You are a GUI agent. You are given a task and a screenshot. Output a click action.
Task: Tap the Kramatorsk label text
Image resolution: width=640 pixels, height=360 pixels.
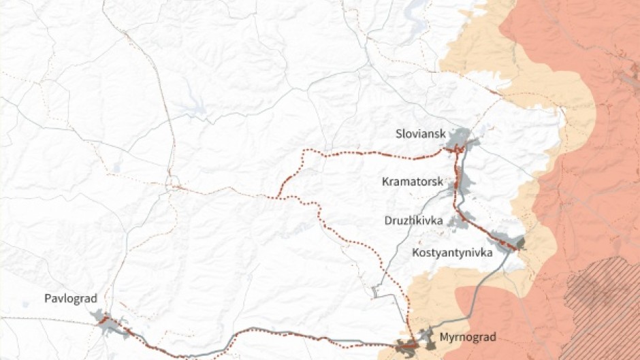tap(413, 182)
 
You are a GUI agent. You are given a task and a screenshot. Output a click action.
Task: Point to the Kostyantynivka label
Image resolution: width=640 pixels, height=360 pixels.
tap(452, 253)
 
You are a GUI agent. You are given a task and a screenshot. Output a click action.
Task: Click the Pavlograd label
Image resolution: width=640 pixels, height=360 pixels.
tap(71, 299)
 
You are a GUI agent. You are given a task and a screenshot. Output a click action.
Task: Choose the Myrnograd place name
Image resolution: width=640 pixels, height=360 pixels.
tap(468, 337)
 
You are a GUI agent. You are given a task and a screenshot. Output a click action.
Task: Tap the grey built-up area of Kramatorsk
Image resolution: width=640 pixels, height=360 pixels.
tap(467, 183)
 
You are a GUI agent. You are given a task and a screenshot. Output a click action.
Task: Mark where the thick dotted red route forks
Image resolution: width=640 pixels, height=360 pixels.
tap(279, 197)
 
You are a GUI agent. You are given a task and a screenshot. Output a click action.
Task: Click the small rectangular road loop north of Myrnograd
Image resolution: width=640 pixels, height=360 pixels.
tap(374, 292)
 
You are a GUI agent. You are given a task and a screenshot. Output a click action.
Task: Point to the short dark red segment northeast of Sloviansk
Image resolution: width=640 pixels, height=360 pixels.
tap(494, 91)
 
